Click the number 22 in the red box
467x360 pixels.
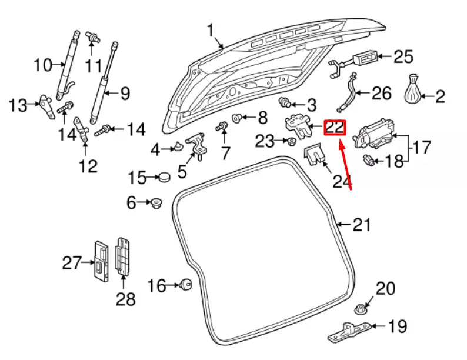(335, 128)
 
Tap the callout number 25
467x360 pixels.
(403, 56)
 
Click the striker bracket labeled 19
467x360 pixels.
(349, 331)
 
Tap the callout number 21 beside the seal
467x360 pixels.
(362, 225)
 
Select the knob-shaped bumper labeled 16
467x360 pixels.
(186, 284)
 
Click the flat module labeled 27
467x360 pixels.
(101, 261)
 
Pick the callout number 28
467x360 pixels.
(126, 299)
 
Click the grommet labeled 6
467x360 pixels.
(156, 203)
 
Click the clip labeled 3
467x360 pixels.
(285, 102)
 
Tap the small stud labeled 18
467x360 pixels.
(368, 160)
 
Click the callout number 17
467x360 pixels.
(422, 148)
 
